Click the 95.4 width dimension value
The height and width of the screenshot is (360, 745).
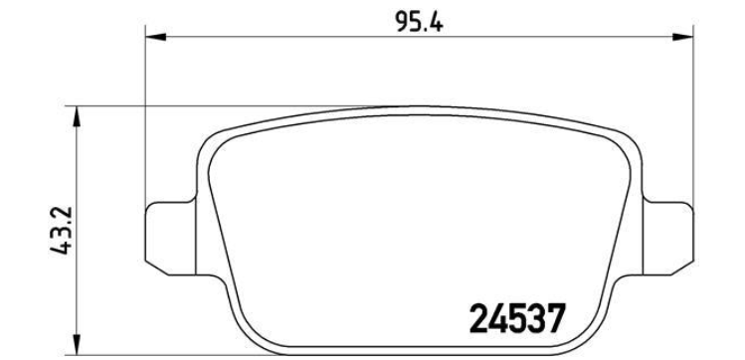[420, 21]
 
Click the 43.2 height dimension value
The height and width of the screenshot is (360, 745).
[61, 231]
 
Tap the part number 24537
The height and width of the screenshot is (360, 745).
[517, 318]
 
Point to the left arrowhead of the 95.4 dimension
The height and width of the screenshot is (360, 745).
[155, 37]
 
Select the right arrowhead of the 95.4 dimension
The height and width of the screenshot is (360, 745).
[682, 37]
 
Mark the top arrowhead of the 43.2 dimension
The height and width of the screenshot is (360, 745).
[76, 116]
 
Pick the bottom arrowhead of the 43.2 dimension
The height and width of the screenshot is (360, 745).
[76, 344]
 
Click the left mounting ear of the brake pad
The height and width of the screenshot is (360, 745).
[170, 239]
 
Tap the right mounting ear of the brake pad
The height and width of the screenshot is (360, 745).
[668, 239]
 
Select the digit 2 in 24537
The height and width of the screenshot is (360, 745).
[478, 318]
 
